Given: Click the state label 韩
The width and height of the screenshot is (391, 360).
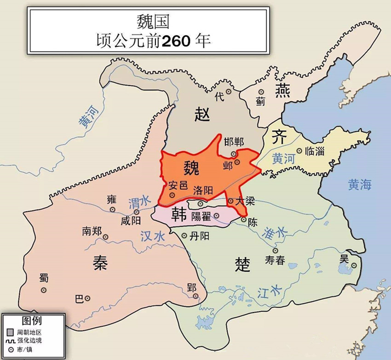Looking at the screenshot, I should [x=178, y=215].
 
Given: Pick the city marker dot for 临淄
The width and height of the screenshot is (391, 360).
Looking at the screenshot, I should [x=299, y=151].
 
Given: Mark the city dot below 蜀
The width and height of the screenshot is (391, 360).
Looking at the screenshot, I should [x=43, y=290].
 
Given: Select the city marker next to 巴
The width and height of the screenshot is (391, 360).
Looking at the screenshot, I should [x=87, y=298].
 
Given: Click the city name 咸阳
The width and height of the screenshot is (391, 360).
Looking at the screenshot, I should [x=130, y=220].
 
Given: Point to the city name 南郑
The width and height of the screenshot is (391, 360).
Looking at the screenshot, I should [x=92, y=231].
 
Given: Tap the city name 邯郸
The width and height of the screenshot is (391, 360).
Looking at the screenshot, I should [x=234, y=141].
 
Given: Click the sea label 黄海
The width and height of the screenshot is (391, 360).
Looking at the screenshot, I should [x=359, y=185].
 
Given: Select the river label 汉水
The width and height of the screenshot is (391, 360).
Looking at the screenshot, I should [x=152, y=236].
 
